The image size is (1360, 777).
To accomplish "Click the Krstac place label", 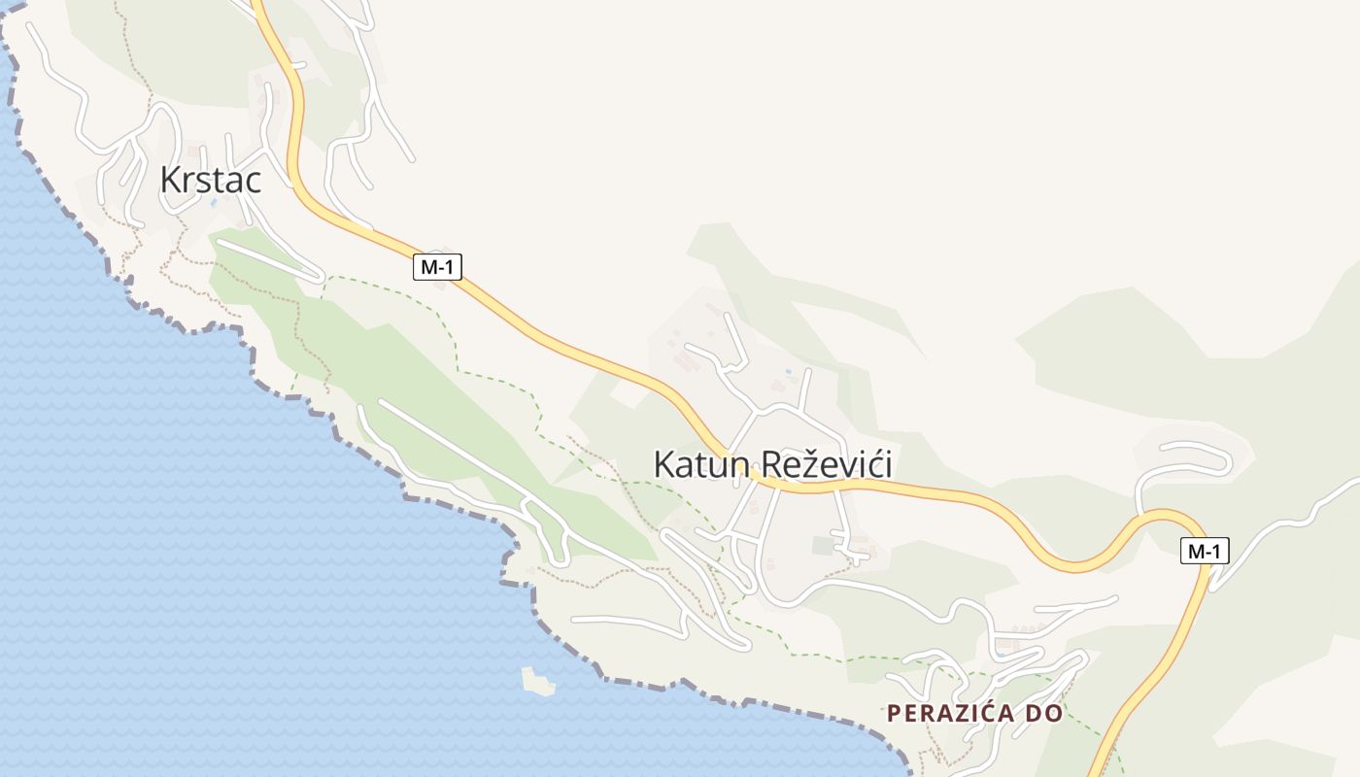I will (x=211, y=180).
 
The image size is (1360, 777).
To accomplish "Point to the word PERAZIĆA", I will (x=948, y=713).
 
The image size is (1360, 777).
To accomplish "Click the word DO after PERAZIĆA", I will (x=1042, y=713).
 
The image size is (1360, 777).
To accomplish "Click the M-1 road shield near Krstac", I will (x=437, y=267).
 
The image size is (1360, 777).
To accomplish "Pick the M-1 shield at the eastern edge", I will (x=1205, y=551).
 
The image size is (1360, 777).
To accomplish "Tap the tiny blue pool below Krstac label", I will (x=214, y=203).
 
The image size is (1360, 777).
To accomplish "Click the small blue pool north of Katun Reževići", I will (x=788, y=372).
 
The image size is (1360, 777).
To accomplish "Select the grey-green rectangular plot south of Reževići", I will (x=823, y=546).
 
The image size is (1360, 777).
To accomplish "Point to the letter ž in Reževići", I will (x=811, y=464).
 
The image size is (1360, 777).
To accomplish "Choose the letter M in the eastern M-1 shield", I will (x=1195, y=551).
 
